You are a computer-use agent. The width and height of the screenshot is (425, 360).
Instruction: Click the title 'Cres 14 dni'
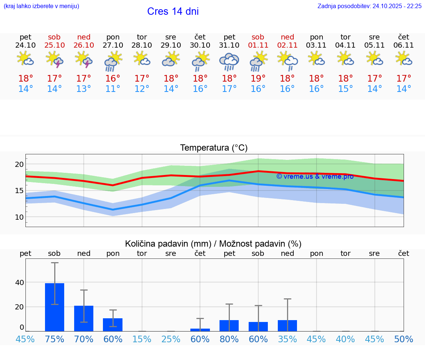(x=173, y=11)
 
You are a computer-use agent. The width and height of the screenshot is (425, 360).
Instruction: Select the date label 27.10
(x=113, y=45)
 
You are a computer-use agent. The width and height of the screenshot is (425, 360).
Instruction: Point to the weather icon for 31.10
(x=229, y=61)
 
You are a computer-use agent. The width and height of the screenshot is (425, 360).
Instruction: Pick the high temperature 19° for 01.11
(x=258, y=79)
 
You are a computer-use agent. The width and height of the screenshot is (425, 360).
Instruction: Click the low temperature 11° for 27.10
(x=113, y=89)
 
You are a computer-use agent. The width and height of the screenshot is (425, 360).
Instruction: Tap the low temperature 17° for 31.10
(x=229, y=89)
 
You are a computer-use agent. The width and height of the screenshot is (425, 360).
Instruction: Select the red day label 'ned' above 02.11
(x=287, y=37)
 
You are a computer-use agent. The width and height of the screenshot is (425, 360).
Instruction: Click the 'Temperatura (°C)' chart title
(x=214, y=148)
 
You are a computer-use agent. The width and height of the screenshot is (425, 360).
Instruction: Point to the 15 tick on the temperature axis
(x=19, y=191)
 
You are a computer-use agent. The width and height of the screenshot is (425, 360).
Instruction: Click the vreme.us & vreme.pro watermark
(x=315, y=176)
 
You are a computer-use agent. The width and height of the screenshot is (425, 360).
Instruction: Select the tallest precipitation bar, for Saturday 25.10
(x=55, y=307)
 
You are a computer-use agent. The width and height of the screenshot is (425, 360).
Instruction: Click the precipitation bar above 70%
(x=84, y=318)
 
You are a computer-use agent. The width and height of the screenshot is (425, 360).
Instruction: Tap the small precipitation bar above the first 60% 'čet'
(x=200, y=330)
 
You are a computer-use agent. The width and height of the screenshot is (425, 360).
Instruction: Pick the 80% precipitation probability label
(x=229, y=339)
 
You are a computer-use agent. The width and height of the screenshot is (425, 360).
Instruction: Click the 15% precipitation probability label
(x=142, y=339)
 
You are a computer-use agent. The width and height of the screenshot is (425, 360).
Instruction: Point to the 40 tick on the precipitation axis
(x=19, y=282)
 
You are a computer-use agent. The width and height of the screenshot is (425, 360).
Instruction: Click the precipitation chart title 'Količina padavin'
(x=213, y=244)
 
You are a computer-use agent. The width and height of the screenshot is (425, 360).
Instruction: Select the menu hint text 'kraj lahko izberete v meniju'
(x=41, y=6)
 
